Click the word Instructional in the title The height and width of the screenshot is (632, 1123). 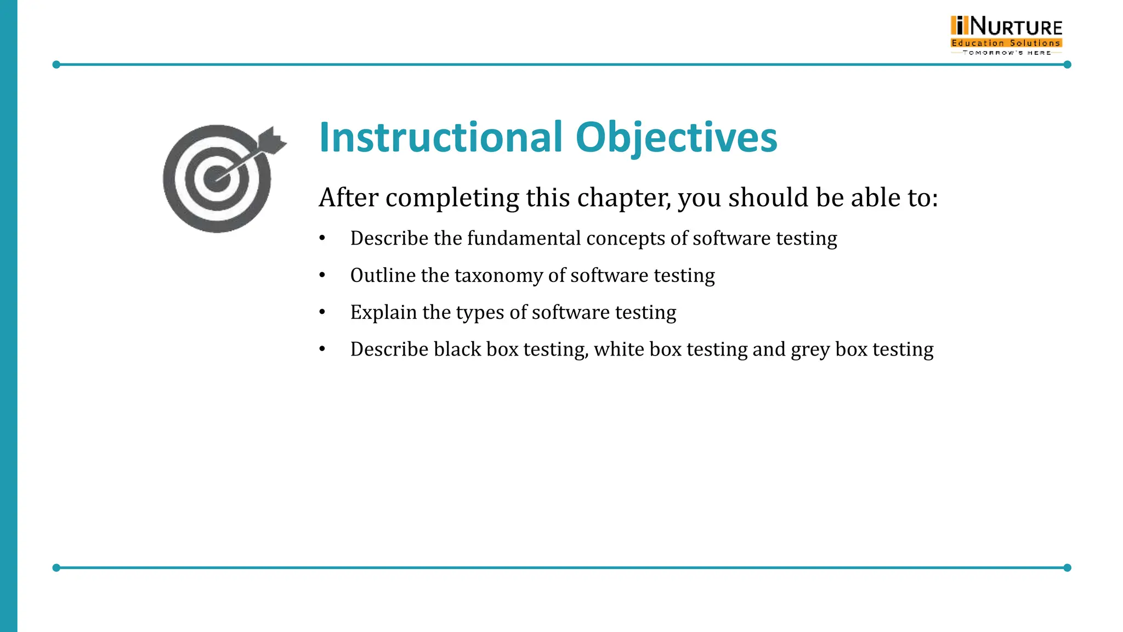tap(441, 137)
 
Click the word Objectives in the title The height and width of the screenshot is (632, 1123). tap(676, 138)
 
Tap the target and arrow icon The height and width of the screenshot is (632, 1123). tap(222, 177)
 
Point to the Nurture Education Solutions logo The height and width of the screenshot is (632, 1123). tap(1006, 34)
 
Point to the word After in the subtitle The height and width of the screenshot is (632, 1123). tap(348, 198)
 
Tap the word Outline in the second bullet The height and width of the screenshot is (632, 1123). tap(383, 275)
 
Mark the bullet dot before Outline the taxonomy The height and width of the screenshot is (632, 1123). tap(322, 275)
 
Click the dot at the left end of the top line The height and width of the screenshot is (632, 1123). tap(56, 65)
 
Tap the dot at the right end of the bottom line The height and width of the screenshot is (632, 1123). tap(1067, 568)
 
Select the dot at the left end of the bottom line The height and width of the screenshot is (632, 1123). tap(56, 568)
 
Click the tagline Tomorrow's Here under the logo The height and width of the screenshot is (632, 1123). tap(1007, 53)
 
